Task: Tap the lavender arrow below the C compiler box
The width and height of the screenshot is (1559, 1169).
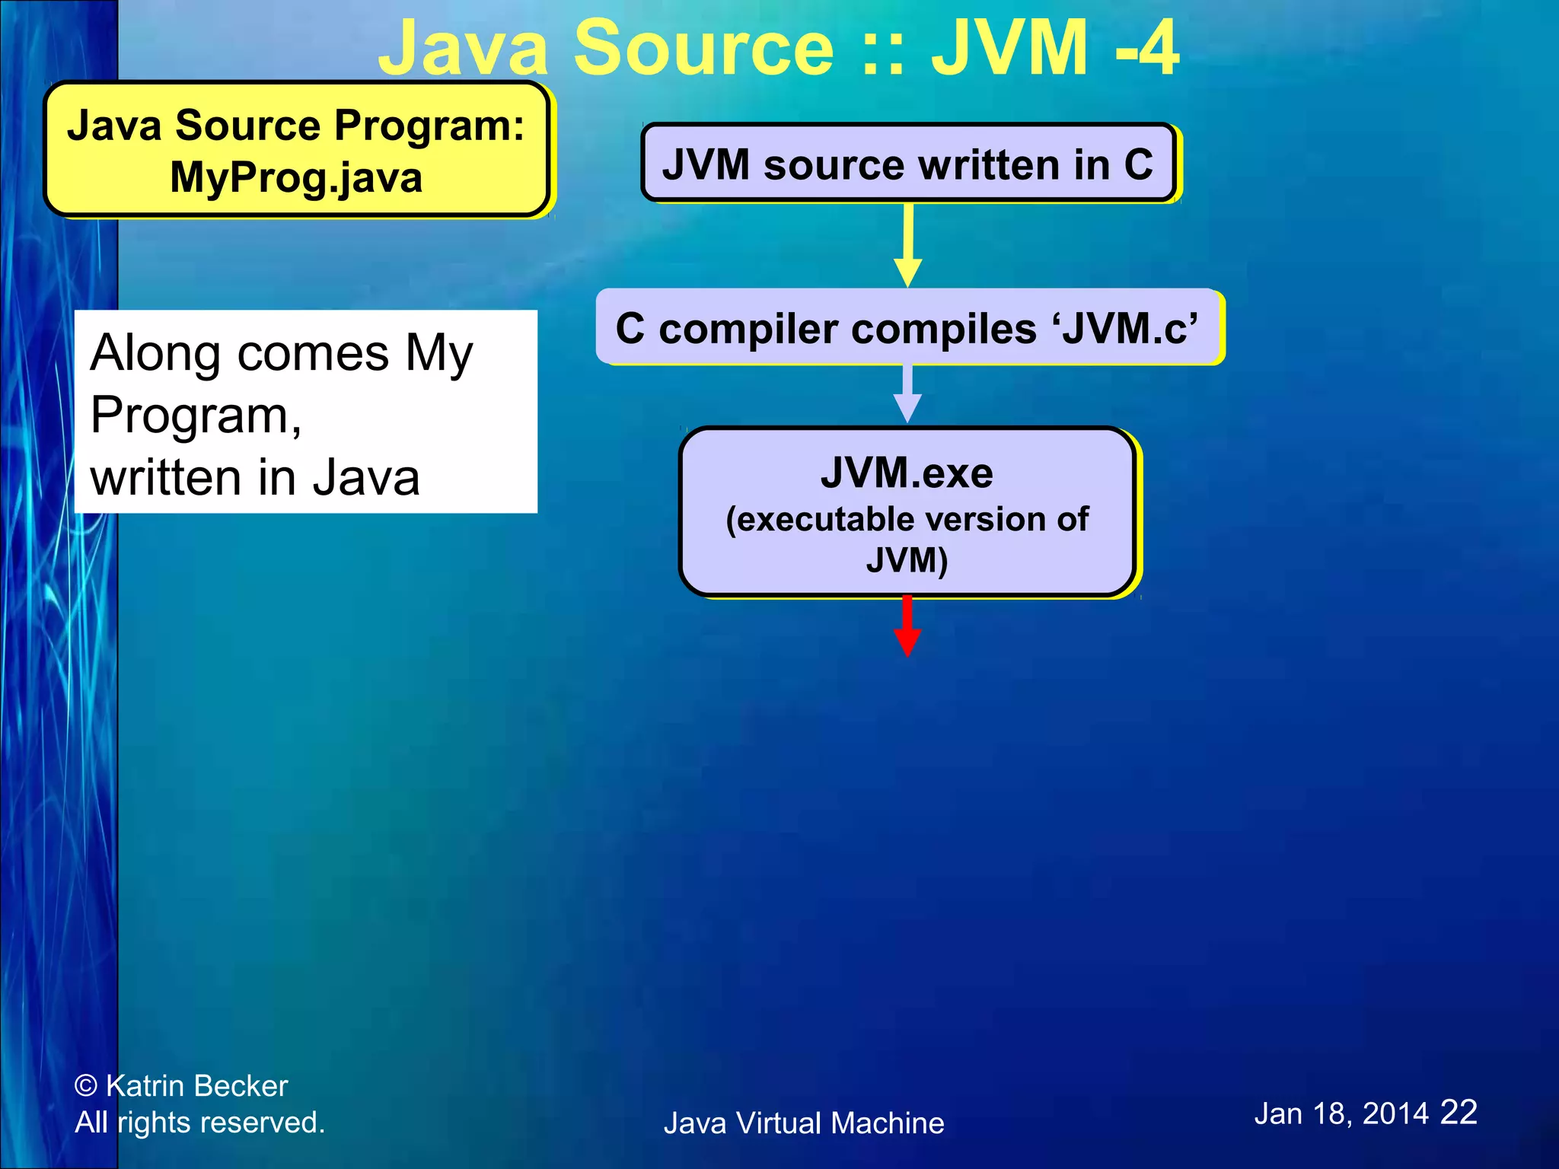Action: pos(907,393)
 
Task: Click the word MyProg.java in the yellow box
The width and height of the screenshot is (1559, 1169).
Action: pos(296,177)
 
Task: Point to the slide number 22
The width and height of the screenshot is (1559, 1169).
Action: pos(1459,1112)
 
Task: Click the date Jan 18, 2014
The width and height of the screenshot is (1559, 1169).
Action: pos(1341,1114)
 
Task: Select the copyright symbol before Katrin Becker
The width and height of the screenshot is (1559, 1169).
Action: pos(86,1086)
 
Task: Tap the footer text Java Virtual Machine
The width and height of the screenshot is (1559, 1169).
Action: pos(804,1123)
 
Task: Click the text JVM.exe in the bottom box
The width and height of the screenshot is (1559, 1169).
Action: pos(907,473)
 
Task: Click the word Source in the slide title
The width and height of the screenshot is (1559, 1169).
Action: pos(703,49)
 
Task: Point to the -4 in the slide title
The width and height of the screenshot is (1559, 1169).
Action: pos(1147,49)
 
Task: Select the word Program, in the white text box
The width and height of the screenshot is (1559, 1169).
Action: pos(196,416)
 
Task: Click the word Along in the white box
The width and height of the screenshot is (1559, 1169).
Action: pos(155,353)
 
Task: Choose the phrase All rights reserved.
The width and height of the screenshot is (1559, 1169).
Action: pos(200,1123)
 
